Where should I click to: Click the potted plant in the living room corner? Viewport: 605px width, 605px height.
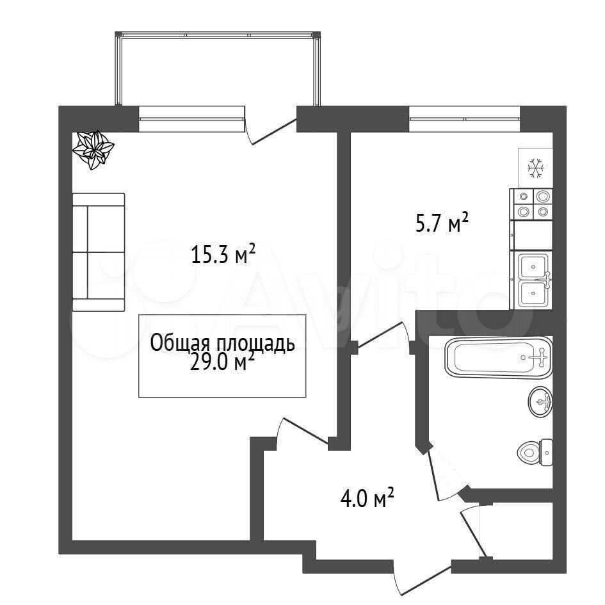[x=93, y=150]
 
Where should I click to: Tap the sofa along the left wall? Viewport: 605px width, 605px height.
[x=99, y=252]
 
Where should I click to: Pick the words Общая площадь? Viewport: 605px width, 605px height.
[x=222, y=343]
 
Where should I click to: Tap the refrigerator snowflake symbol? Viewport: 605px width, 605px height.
[x=536, y=168]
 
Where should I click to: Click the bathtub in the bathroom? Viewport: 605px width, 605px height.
[x=499, y=357]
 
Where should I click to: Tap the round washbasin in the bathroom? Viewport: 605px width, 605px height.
[x=540, y=401]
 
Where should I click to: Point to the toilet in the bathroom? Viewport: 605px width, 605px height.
[x=535, y=452]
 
